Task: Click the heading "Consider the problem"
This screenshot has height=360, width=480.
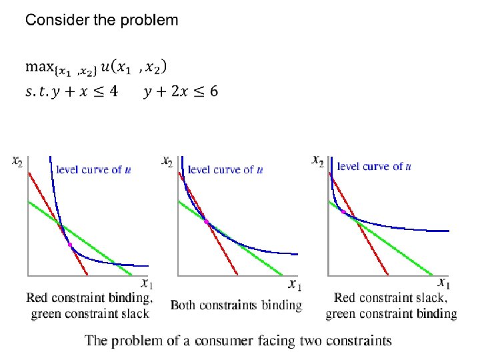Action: (101, 20)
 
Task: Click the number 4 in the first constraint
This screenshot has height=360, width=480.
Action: (114, 91)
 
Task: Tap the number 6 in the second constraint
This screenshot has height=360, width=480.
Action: (213, 91)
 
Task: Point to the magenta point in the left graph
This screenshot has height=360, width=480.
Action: (69, 245)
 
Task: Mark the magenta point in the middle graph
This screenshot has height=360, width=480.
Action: (206, 221)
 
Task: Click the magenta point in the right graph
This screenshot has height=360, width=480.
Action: (343, 211)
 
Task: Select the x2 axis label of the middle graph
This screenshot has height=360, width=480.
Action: (168, 161)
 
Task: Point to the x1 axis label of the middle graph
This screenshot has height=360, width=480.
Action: (295, 285)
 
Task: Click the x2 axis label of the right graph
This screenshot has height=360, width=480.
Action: (319, 161)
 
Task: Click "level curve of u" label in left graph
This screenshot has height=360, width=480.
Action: (98, 170)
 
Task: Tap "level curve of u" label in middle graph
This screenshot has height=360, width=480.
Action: (225, 170)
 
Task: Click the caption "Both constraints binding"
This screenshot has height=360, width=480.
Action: (236, 305)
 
